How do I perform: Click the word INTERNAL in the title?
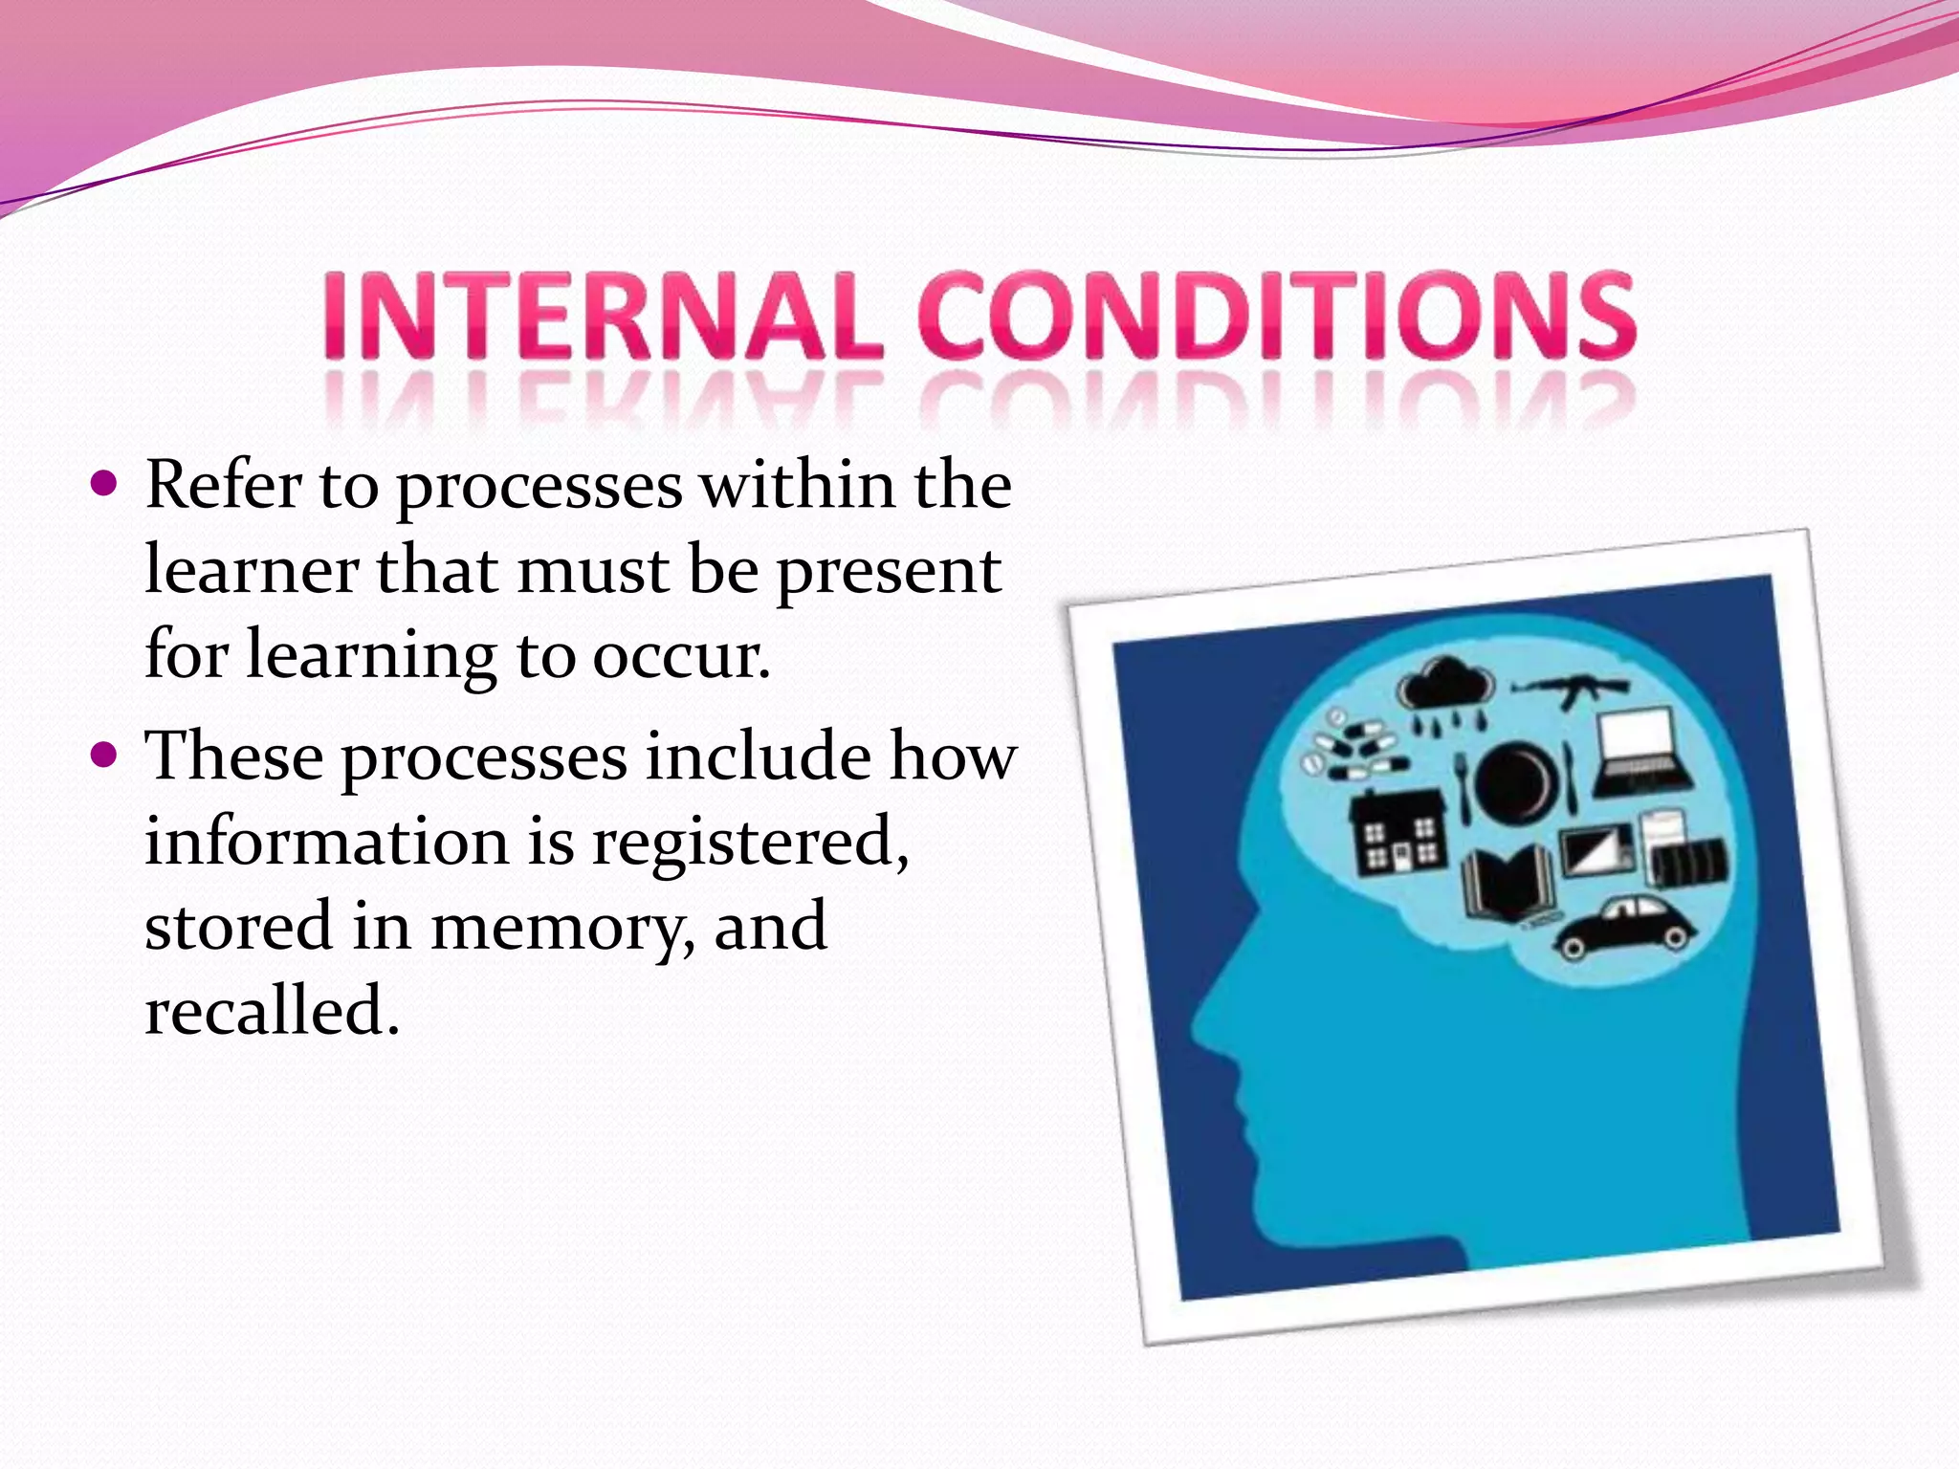(601, 315)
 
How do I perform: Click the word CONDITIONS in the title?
(1277, 315)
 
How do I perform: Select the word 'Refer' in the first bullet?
(223, 485)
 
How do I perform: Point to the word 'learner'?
(252, 571)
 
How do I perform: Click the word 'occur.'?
(681, 656)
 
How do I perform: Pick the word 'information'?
(325, 842)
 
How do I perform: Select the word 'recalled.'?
(272, 1011)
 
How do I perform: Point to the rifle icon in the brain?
(1571, 689)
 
